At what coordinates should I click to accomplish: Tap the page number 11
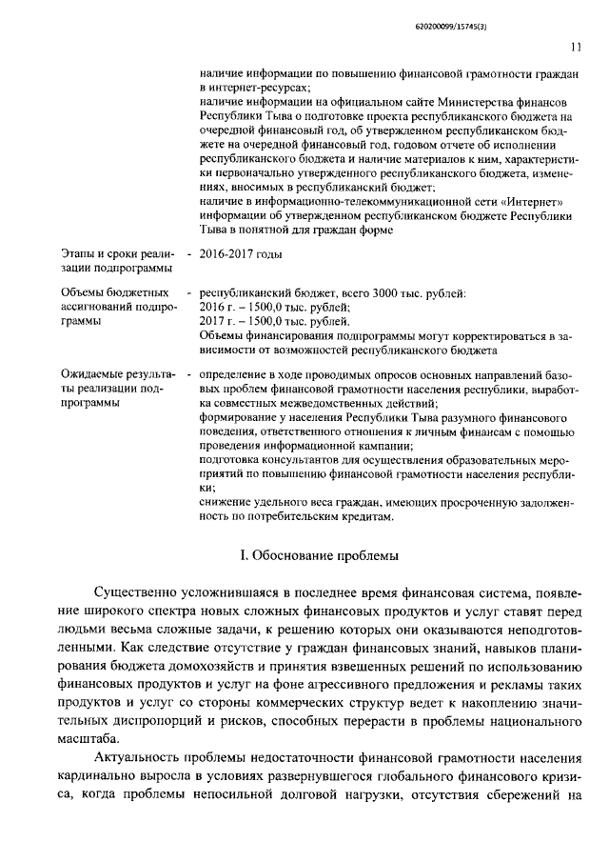(577, 44)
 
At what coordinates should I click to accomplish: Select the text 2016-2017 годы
(234, 254)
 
